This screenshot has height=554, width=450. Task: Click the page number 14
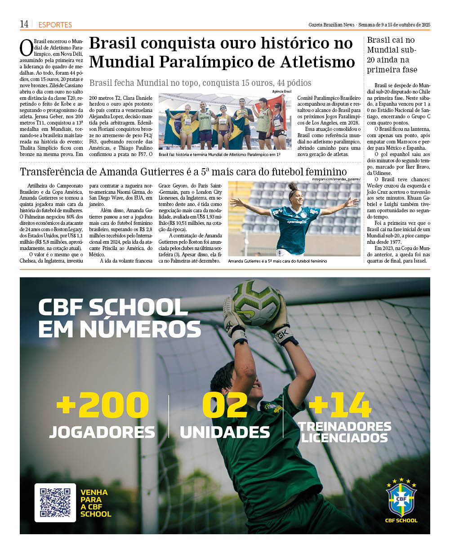coord(24,24)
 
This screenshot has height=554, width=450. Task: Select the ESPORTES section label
coord(55,25)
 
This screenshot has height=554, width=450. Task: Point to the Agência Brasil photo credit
coord(281,91)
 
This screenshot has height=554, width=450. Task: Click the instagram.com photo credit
coord(336,179)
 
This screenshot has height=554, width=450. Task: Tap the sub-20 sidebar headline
coord(392,55)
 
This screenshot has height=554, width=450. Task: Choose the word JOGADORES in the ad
coord(102,432)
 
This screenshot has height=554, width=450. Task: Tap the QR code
coord(55,502)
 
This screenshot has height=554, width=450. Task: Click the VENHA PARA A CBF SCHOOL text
coord(95,503)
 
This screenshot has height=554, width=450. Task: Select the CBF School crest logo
coord(401,500)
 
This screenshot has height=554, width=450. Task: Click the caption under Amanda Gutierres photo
coord(277,261)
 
